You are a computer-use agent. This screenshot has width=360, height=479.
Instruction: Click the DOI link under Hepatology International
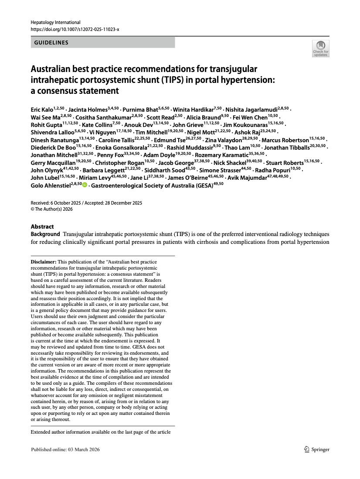[75, 29]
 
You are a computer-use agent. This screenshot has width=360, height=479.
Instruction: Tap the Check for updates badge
[320, 48]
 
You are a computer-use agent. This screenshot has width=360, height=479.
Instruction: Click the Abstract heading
[42, 226]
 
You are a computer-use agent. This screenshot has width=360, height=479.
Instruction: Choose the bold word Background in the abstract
[45, 234]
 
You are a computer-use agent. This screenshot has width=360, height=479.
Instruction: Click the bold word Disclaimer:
[44, 261]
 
